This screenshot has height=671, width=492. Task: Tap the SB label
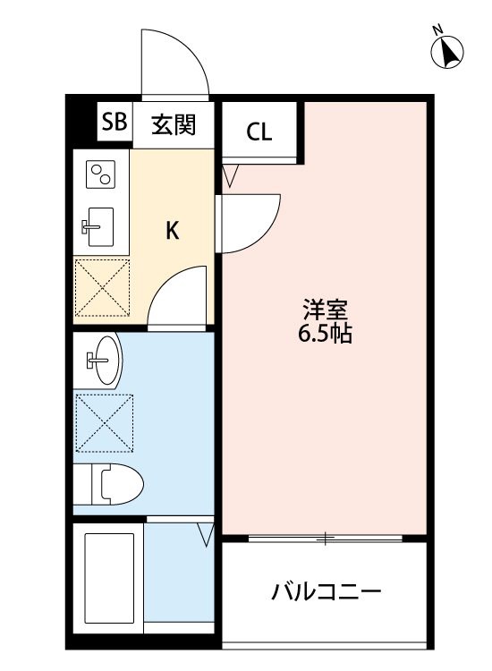tap(114, 123)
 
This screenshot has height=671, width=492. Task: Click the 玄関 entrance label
tap(172, 124)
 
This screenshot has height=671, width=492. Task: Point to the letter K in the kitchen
tap(173, 231)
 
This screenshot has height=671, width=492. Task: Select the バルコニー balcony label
tap(327, 591)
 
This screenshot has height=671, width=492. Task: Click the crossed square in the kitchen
tap(102, 287)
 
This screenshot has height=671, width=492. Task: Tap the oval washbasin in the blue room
tap(104, 361)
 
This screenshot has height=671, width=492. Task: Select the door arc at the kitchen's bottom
tap(180, 298)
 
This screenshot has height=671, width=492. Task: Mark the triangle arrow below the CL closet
tap(230, 174)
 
